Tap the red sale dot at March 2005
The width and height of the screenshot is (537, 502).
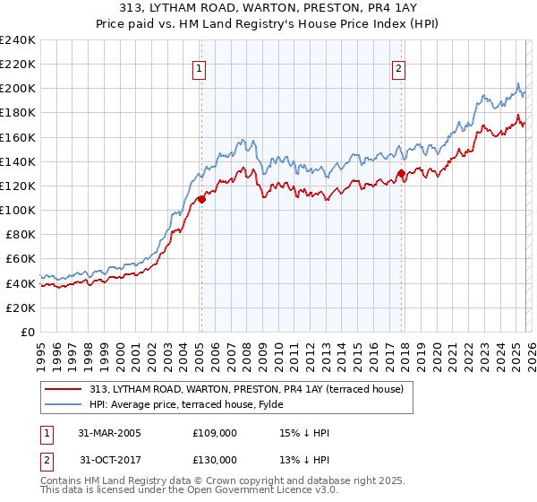tap(201, 199)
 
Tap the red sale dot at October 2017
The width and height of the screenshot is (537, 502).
tap(401, 174)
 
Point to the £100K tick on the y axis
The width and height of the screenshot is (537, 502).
tap(17, 210)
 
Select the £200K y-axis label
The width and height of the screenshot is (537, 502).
tap(17, 89)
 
